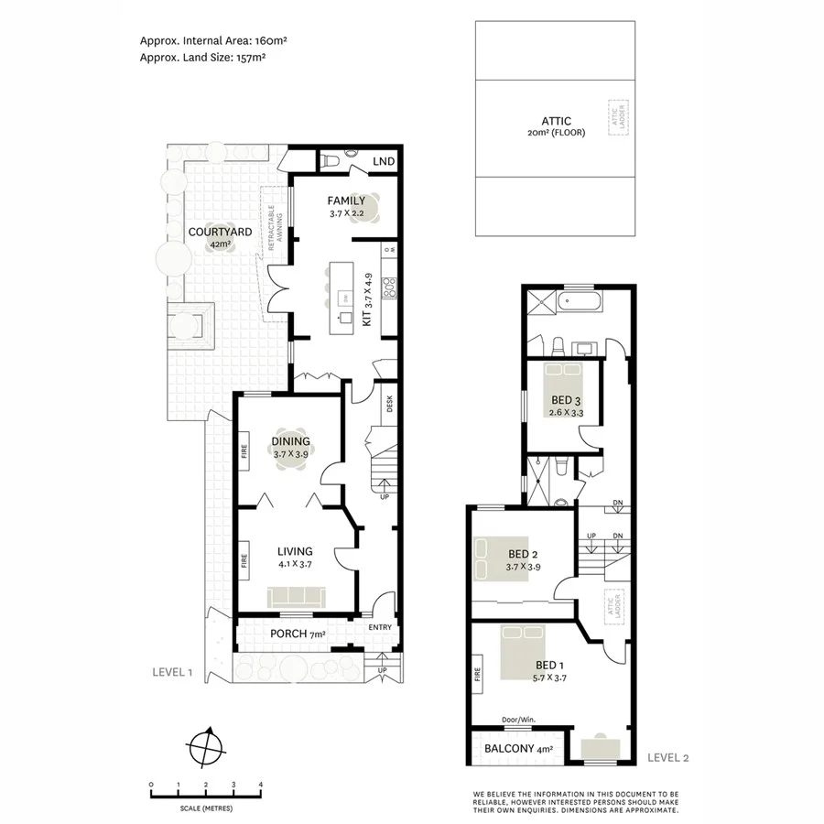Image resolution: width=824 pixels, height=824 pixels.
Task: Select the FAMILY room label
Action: [346, 201]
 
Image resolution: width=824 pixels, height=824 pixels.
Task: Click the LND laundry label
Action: [384, 162]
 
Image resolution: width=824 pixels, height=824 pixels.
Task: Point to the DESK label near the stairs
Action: [389, 403]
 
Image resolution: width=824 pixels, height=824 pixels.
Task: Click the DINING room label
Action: [290, 441]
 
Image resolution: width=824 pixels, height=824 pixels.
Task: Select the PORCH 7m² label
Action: [298, 634]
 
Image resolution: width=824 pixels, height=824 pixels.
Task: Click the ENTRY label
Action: [379, 627]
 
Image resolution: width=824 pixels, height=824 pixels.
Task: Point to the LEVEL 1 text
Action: [171, 672]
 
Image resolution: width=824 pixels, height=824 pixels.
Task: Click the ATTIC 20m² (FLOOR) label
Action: [556, 126]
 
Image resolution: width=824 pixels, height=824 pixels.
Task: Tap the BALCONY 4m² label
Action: [512, 749]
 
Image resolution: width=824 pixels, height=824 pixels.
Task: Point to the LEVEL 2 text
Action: [667, 757]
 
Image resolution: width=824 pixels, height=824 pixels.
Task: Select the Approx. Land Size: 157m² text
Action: [202, 57]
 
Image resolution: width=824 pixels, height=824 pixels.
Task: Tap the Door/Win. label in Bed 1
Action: [518, 720]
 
